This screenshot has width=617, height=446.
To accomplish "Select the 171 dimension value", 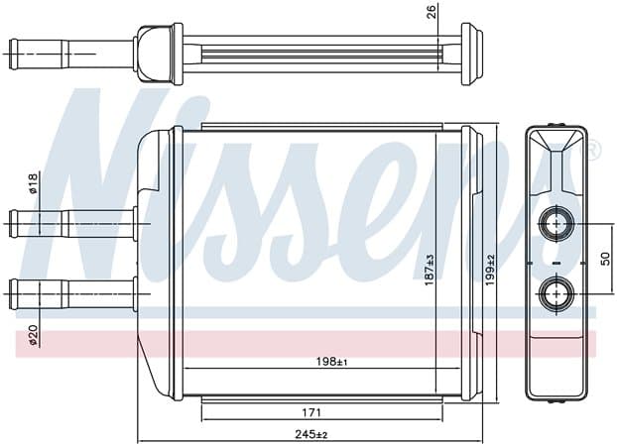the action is pyautogui.click(x=311, y=412).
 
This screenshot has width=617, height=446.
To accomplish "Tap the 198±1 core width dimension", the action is pyautogui.click(x=331, y=362).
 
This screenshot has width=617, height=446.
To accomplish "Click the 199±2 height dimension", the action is pyautogui.click(x=490, y=271).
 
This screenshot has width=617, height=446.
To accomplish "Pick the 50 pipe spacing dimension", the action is pyautogui.click(x=605, y=259).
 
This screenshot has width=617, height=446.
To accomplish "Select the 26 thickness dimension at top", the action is pyautogui.click(x=432, y=12).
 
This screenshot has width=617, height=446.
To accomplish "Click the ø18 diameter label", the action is pyautogui.click(x=33, y=183).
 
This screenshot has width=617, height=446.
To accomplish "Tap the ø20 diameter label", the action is pyautogui.click(x=33, y=335).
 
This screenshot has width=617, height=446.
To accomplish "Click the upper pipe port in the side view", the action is pyautogui.click(x=556, y=224).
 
